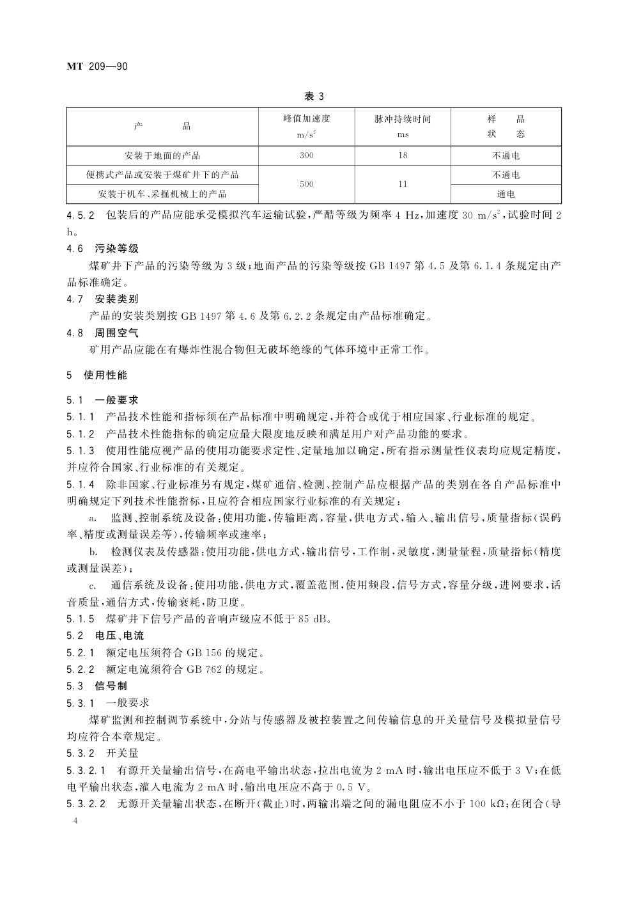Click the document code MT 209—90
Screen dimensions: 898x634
[x=98, y=65]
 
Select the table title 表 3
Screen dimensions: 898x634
[x=314, y=97]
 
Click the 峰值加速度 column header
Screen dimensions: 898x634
[x=307, y=120]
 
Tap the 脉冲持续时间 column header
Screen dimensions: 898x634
[x=403, y=120]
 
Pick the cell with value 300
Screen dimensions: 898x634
[x=307, y=155]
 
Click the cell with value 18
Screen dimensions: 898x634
[x=403, y=155]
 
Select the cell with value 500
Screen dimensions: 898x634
[x=307, y=184]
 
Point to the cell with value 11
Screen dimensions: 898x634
[x=403, y=184]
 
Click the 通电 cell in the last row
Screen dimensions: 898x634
[x=506, y=194]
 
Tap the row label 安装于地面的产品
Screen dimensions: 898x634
[x=162, y=155]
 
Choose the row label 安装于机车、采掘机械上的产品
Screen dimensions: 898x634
[x=162, y=194]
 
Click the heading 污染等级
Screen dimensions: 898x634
[x=117, y=248]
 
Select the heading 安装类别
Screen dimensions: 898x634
[x=117, y=299]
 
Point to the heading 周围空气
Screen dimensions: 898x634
[x=117, y=333]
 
